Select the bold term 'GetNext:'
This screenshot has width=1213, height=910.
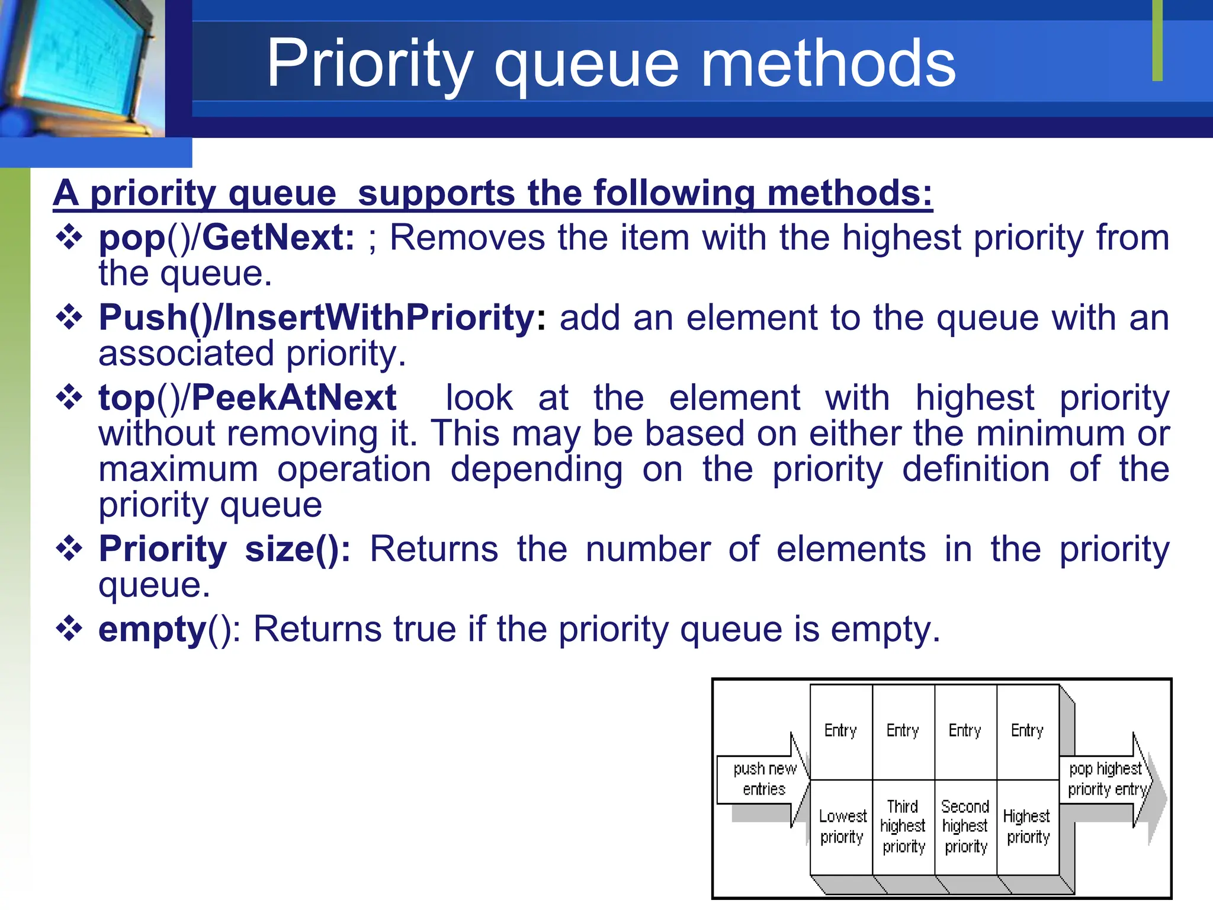278,238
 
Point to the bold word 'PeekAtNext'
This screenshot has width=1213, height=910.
294,398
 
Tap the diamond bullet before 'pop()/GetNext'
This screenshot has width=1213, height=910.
69,238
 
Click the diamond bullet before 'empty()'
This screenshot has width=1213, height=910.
69,629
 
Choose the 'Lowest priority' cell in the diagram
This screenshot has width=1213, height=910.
841,826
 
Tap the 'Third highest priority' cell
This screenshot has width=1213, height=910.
903,826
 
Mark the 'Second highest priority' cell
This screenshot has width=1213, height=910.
965,826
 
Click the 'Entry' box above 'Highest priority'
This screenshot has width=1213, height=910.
1027,731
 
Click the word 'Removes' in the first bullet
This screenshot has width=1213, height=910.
467,238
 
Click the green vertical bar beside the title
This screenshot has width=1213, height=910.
1157,40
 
